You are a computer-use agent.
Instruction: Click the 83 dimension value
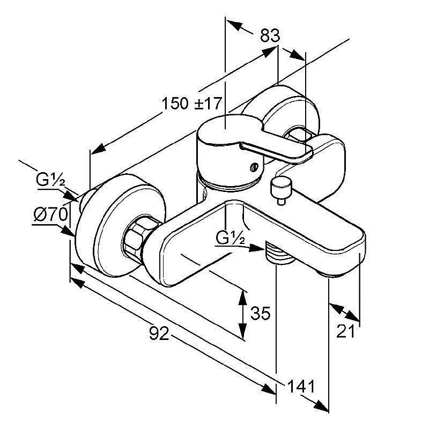coord(270,36)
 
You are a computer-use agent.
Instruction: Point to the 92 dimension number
coord(159,334)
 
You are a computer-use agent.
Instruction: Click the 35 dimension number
coord(261,313)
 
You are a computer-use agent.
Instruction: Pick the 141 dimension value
coord(300,386)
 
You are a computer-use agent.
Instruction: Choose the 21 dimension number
coord(346,331)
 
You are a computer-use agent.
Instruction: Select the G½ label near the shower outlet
coord(231,236)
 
